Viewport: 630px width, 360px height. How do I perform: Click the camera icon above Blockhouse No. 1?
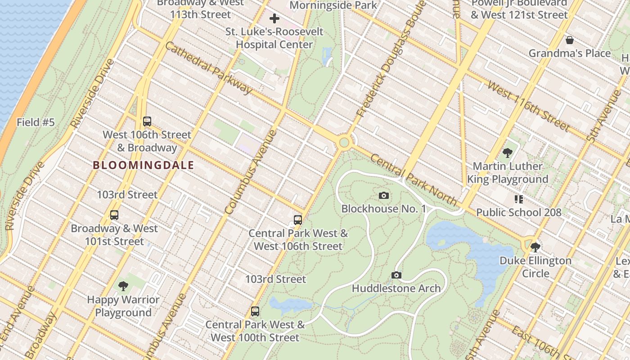click(383, 195)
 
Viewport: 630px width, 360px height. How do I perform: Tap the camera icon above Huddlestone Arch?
click(396, 275)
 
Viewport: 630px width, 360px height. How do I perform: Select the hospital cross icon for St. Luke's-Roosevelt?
click(274, 18)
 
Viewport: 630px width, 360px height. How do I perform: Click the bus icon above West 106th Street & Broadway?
click(147, 121)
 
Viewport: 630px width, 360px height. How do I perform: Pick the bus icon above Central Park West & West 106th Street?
click(297, 220)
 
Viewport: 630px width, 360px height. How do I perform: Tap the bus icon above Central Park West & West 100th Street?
click(255, 311)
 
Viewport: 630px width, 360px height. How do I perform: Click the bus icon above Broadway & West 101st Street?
click(114, 215)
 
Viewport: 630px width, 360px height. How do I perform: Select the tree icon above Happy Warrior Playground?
click(123, 286)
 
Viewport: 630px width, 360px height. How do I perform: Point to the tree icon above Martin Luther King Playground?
click(507, 153)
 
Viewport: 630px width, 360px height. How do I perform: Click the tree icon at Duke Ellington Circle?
click(535, 247)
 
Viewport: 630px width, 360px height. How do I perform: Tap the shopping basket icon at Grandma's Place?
click(569, 40)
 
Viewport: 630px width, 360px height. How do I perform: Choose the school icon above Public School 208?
click(518, 199)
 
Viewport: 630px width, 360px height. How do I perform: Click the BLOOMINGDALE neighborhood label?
click(144, 165)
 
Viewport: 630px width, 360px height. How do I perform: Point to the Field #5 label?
click(36, 122)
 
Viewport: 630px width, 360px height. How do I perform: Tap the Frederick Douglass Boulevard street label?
click(390, 58)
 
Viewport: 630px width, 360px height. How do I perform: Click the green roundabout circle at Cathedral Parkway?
click(344, 143)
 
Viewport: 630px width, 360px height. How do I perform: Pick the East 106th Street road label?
click(535, 341)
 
